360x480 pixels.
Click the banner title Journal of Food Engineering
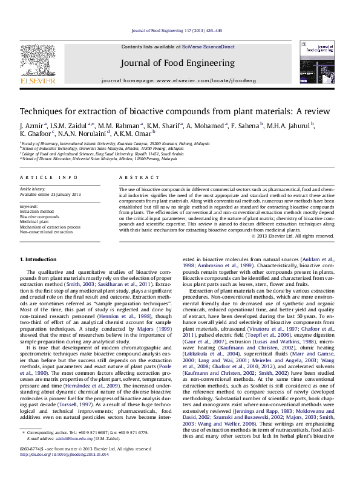point(178,63)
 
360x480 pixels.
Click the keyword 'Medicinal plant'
point(37,221)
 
